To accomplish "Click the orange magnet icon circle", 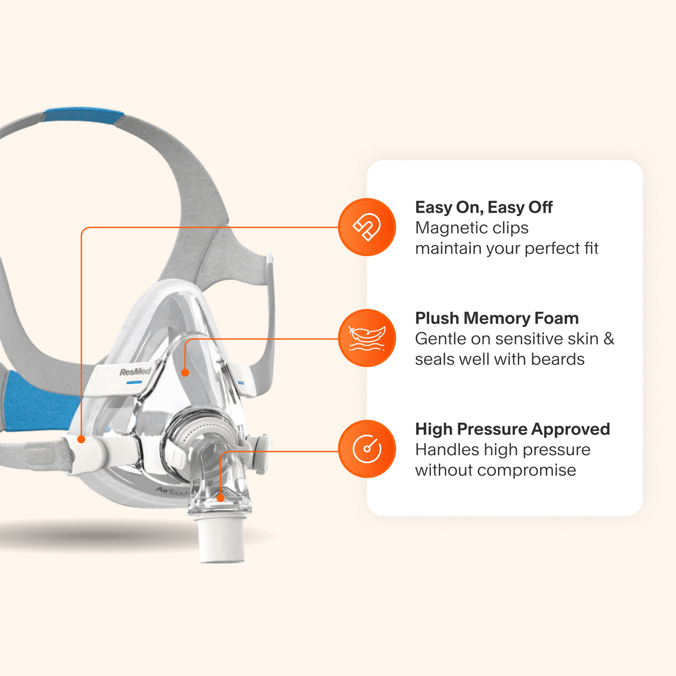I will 367,227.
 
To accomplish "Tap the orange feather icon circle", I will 367,338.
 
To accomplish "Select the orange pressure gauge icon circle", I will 367,448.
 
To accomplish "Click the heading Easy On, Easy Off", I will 484,207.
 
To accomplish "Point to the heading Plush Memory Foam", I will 497,318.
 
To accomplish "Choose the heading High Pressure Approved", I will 512,429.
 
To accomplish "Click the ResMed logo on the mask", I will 135,372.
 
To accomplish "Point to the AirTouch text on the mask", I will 172,491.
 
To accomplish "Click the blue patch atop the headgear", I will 84,115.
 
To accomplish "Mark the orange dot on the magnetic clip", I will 81,439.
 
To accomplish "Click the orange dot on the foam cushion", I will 185,373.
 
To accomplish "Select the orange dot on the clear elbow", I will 220,498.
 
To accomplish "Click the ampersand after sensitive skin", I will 608,339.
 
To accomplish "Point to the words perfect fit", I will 561,248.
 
